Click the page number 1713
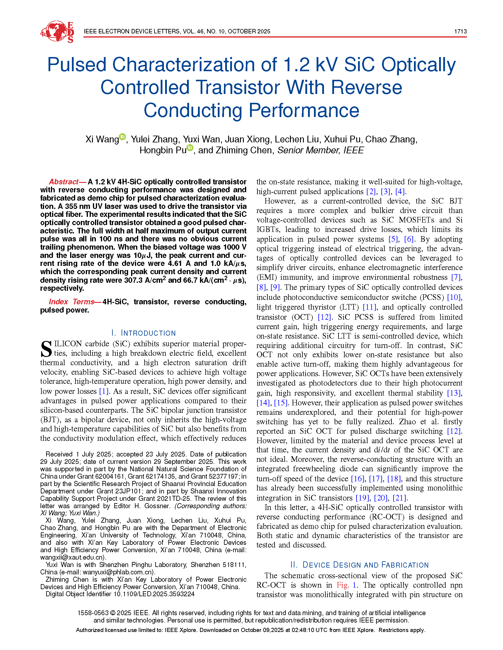pyautogui.click(x=460, y=32)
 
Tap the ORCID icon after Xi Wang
pyautogui.click(x=122, y=136)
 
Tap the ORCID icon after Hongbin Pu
pyautogui.click(x=190, y=148)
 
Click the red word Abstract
pyautogui.click(x=63, y=182)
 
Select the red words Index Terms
pyautogui.click(x=72, y=302)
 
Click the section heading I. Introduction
pyautogui.click(x=143, y=333)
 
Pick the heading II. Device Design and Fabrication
pyautogui.click(x=359, y=565)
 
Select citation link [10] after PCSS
pyautogui.click(x=454, y=297)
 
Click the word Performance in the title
pyautogui.click(x=304, y=110)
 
